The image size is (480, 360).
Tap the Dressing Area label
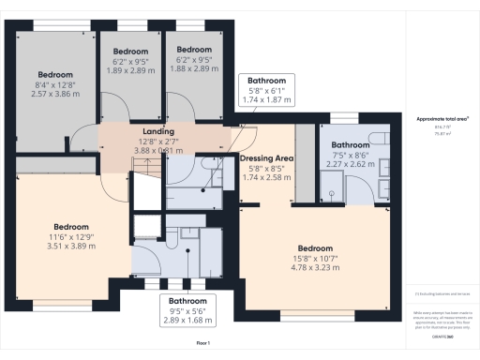267,158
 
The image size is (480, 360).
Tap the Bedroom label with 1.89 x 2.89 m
131,51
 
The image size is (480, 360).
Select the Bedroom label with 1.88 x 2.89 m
193,50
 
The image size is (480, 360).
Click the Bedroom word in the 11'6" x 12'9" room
71,226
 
